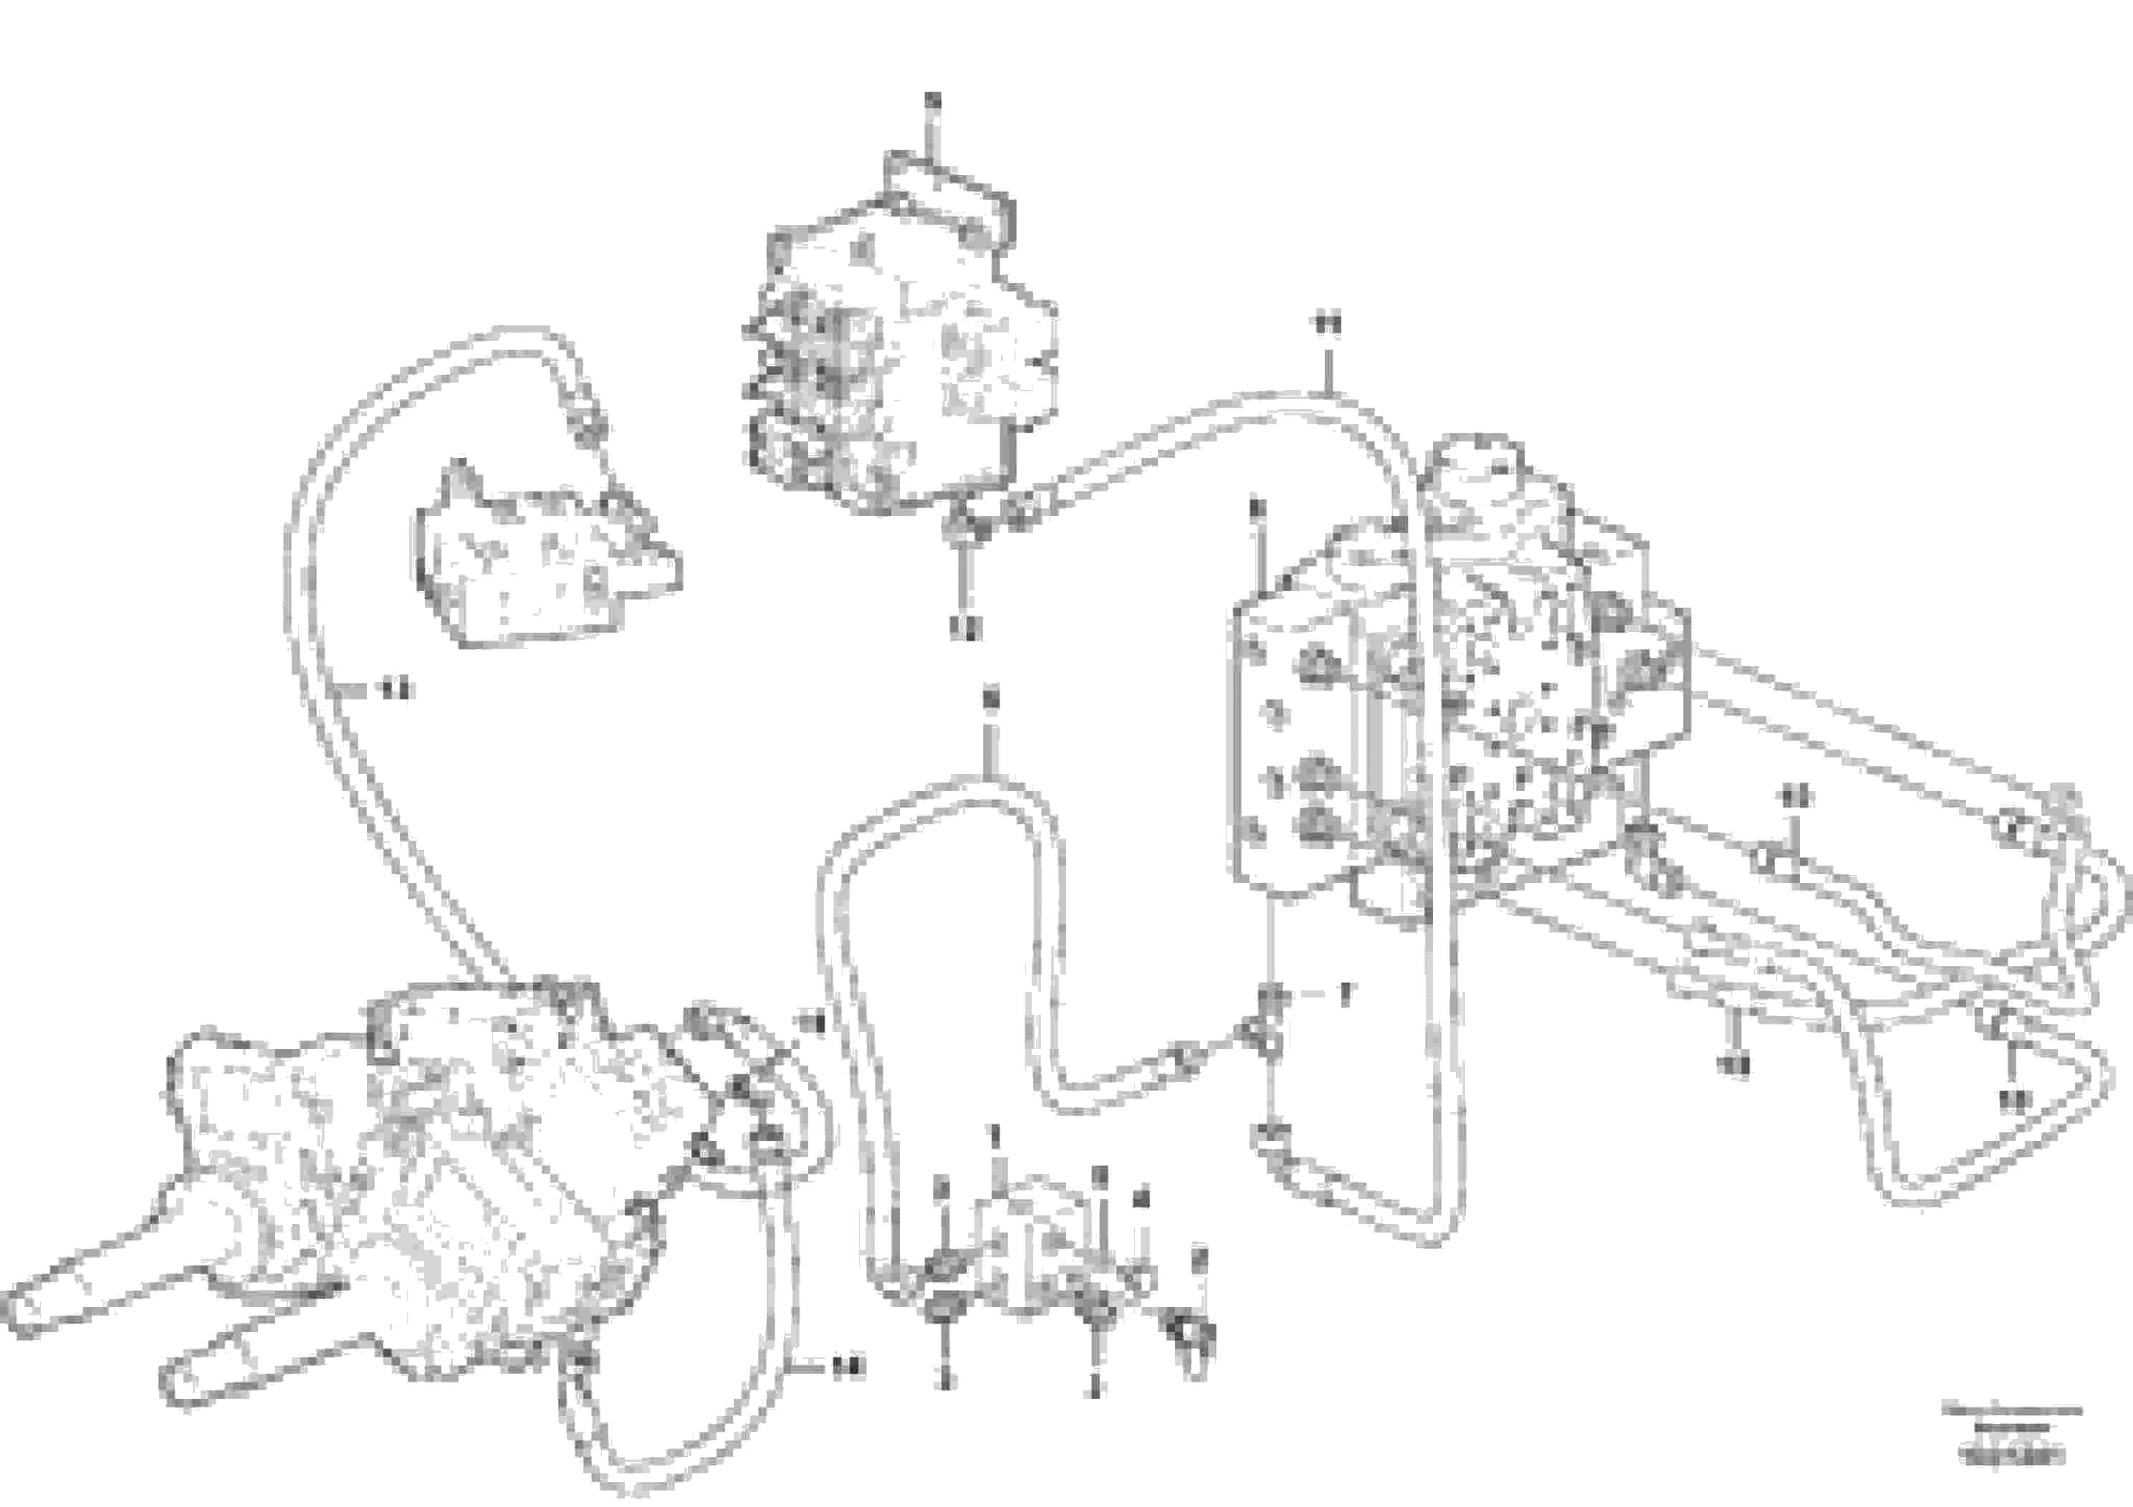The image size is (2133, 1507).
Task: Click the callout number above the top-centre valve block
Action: coord(934,98)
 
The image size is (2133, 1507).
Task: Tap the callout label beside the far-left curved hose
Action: coord(397,689)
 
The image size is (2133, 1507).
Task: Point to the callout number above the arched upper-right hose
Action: coord(1328,323)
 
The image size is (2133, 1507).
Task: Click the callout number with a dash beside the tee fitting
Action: coord(1343,993)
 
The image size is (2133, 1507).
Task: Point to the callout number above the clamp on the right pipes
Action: coord(1794,796)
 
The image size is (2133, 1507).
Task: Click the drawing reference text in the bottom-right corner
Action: coord(2008,1459)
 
